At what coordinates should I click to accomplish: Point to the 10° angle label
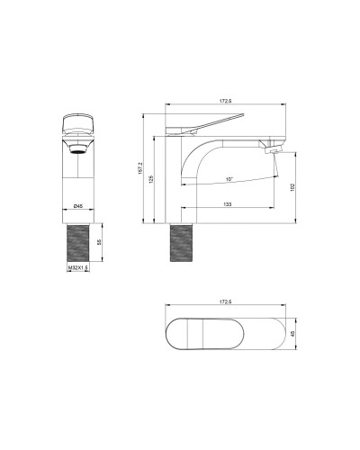(x=229, y=180)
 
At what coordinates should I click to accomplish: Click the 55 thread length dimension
(x=99, y=242)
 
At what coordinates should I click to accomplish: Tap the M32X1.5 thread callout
(x=77, y=267)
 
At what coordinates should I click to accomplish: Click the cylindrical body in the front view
(x=78, y=180)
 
